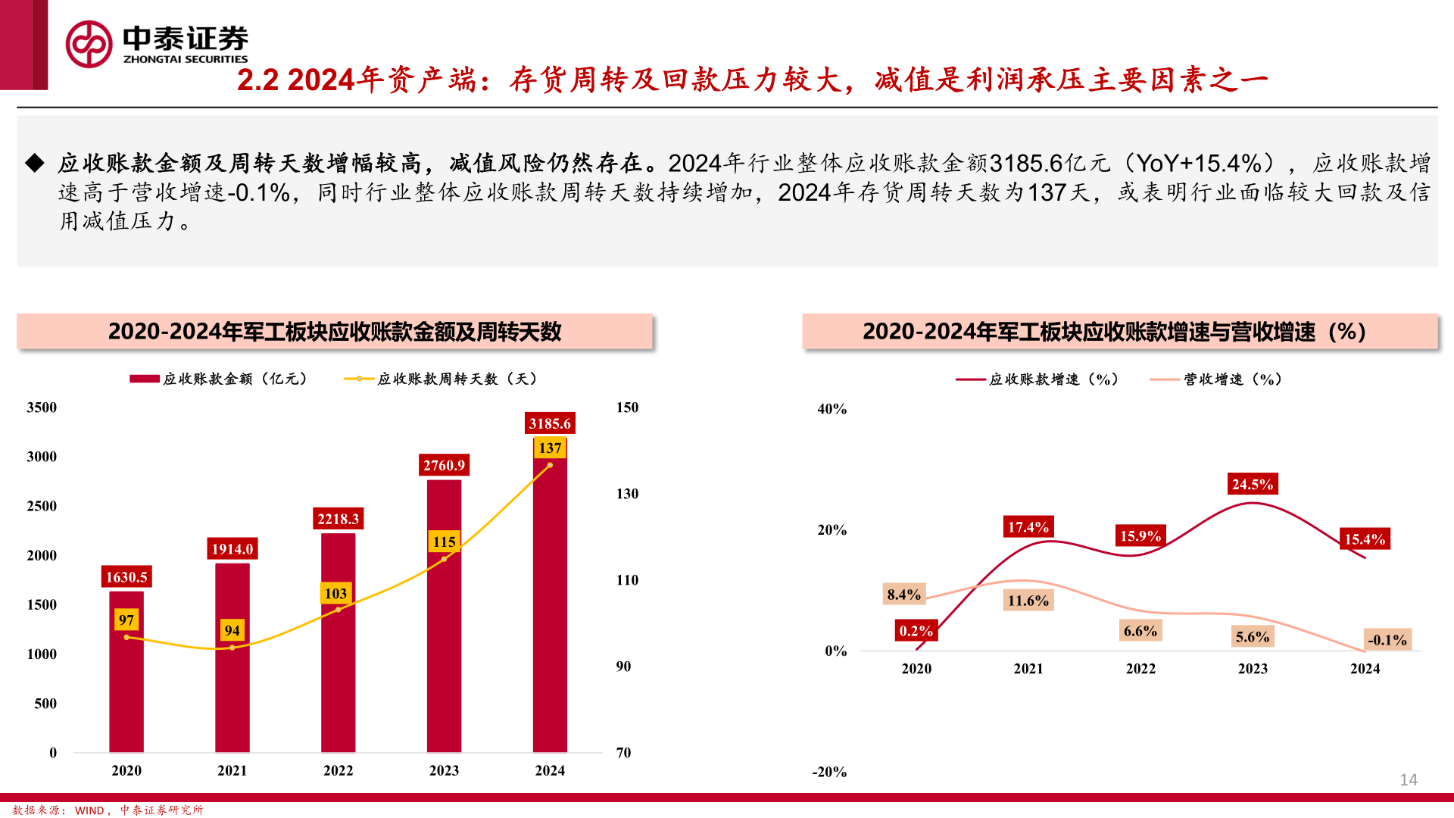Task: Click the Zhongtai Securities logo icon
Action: tap(89, 44)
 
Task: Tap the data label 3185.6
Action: tap(550, 423)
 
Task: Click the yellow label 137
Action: tap(550, 448)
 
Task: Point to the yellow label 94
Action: tap(232, 630)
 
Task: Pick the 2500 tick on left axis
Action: tap(42, 506)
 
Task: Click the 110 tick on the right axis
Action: tap(627, 580)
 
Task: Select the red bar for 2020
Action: tap(126, 682)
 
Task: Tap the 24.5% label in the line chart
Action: tap(1252, 484)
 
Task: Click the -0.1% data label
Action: tap(1387, 640)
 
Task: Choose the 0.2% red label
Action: tap(916, 631)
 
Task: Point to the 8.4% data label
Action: tap(903, 595)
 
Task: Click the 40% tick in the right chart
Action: tap(832, 409)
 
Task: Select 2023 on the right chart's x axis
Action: tap(1253, 669)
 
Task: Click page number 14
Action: tap(1408, 780)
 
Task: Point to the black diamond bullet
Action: tap(35, 163)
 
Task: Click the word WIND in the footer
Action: tap(89, 810)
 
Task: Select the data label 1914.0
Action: tap(232, 549)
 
